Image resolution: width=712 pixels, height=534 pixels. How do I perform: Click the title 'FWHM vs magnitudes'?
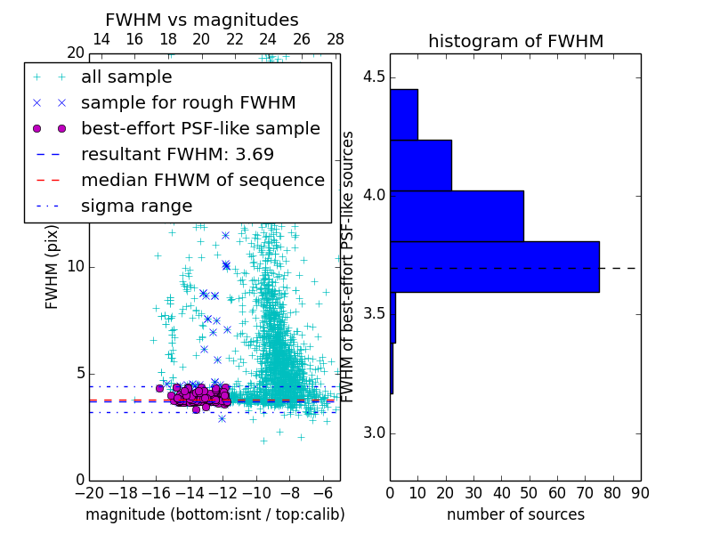click(202, 20)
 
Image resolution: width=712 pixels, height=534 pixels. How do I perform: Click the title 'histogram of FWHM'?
click(515, 41)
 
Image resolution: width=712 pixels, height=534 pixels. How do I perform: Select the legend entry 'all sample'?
click(126, 77)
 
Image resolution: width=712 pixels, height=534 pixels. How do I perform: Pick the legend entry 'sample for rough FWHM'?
click(188, 102)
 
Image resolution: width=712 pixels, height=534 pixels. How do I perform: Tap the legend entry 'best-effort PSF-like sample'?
click(200, 128)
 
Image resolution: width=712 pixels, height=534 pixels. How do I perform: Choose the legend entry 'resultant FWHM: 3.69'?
click(177, 154)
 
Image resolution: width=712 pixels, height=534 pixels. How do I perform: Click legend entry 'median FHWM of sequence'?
click(202, 180)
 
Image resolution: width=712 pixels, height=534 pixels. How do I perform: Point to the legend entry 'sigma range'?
click(136, 206)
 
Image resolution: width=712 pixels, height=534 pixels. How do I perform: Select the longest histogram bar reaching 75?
click(494, 266)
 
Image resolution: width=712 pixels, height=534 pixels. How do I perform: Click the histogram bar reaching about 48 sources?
click(457, 215)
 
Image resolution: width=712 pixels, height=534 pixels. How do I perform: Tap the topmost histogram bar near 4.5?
click(404, 114)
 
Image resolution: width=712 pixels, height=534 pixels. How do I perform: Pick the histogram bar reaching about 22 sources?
click(421, 165)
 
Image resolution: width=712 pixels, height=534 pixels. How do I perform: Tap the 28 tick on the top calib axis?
click(336, 39)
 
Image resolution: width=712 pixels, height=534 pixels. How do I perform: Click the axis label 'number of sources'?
click(515, 514)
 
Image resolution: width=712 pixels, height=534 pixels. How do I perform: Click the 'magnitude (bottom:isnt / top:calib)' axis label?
click(214, 514)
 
